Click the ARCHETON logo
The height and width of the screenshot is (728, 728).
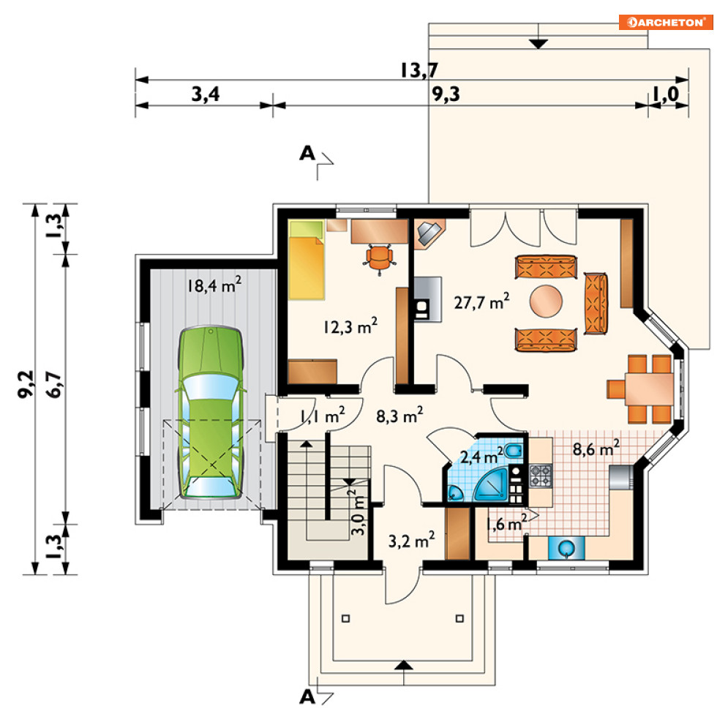click(x=666, y=22)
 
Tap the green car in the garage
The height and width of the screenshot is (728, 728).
click(x=211, y=413)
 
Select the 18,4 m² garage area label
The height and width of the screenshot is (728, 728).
click(x=214, y=285)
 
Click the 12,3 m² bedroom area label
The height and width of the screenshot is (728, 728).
click(x=350, y=326)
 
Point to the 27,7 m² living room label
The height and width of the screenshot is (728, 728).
click(x=481, y=301)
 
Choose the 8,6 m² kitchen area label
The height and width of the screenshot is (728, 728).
click(x=596, y=449)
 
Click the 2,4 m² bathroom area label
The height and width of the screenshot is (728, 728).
click(x=481, y=456)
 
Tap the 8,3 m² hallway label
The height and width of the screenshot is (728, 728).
click(x=399, y=415)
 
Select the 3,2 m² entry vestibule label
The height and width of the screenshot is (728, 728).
click(x=411, y=540)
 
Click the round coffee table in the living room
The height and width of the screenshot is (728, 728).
click(x=546, y=301)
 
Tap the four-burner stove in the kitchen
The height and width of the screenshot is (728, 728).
click(x=541, y=476)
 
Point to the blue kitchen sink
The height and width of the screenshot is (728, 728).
click(x=566, y=548)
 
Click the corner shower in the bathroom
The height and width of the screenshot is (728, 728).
click(x=491, y=484)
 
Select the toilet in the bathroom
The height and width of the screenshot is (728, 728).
click(x=514, y=451)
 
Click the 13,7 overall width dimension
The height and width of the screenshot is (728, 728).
click(x=419, y=70)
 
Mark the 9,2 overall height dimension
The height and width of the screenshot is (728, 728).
click(x=26, y=384)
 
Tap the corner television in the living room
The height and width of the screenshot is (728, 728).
click(x=429, y=233)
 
